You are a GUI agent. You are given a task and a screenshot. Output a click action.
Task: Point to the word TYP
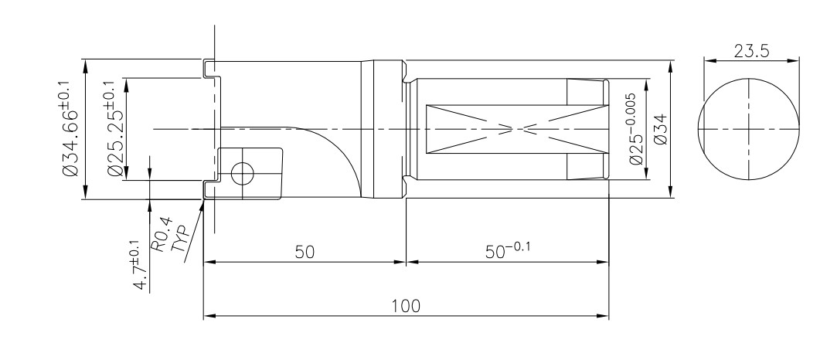(178, 236)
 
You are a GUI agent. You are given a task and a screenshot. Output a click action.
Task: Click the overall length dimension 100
(405, 306)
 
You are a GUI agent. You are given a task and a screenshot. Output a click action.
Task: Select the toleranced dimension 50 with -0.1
(510, 250)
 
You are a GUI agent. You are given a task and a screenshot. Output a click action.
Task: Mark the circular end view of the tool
(748, 129)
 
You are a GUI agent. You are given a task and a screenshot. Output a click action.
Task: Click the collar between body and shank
(388, 129)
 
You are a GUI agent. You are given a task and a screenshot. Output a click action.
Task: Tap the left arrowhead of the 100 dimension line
(207, 316)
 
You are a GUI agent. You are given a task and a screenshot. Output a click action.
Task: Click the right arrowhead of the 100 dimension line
(605, 316)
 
